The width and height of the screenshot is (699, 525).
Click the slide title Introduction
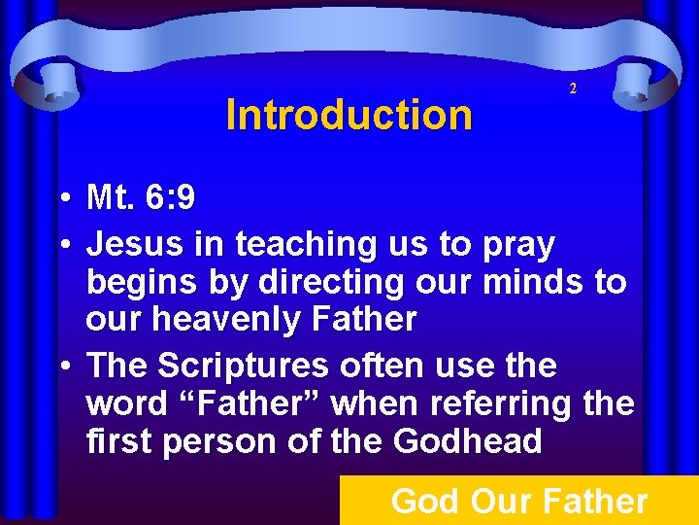tap(349, 115)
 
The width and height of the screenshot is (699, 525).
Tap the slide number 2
tap(573, 88)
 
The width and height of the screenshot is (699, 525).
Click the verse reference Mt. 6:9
tap(141, 199)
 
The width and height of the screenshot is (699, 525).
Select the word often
tap(389, 366)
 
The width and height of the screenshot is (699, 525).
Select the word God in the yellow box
tap(424, 502)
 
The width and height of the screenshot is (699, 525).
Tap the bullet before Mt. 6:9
tap(62, 200)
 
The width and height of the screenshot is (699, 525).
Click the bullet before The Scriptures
tap(62, 367)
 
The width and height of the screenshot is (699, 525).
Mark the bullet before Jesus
tap(62, 244)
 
